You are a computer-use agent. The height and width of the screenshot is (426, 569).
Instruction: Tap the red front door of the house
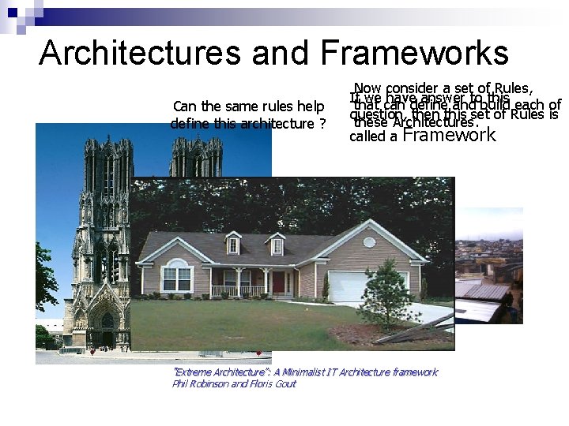[277, 282]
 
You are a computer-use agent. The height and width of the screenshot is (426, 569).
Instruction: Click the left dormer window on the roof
[233, 245]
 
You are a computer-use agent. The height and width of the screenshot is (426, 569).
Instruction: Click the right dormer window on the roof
[277, 246]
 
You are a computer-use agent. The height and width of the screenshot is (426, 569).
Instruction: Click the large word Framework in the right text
[449, 134]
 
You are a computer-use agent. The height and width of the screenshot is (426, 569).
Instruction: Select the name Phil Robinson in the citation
[198, 383]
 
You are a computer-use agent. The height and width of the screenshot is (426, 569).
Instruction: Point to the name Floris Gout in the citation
[273, 383]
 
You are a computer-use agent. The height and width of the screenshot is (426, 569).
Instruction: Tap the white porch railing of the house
[238, 290]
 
